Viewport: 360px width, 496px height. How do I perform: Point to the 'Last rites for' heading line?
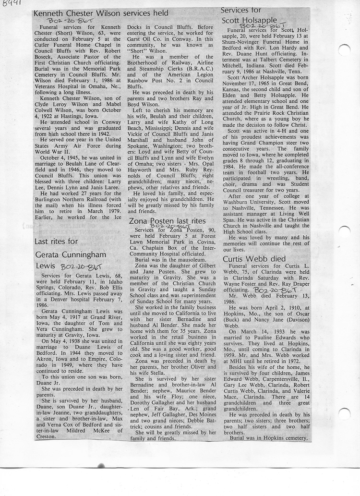[56, 241]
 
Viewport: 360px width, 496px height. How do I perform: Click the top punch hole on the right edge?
[344, 49]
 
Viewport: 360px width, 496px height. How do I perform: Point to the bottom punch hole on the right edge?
[344, 413]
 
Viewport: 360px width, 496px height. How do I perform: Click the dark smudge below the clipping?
[101, 465]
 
